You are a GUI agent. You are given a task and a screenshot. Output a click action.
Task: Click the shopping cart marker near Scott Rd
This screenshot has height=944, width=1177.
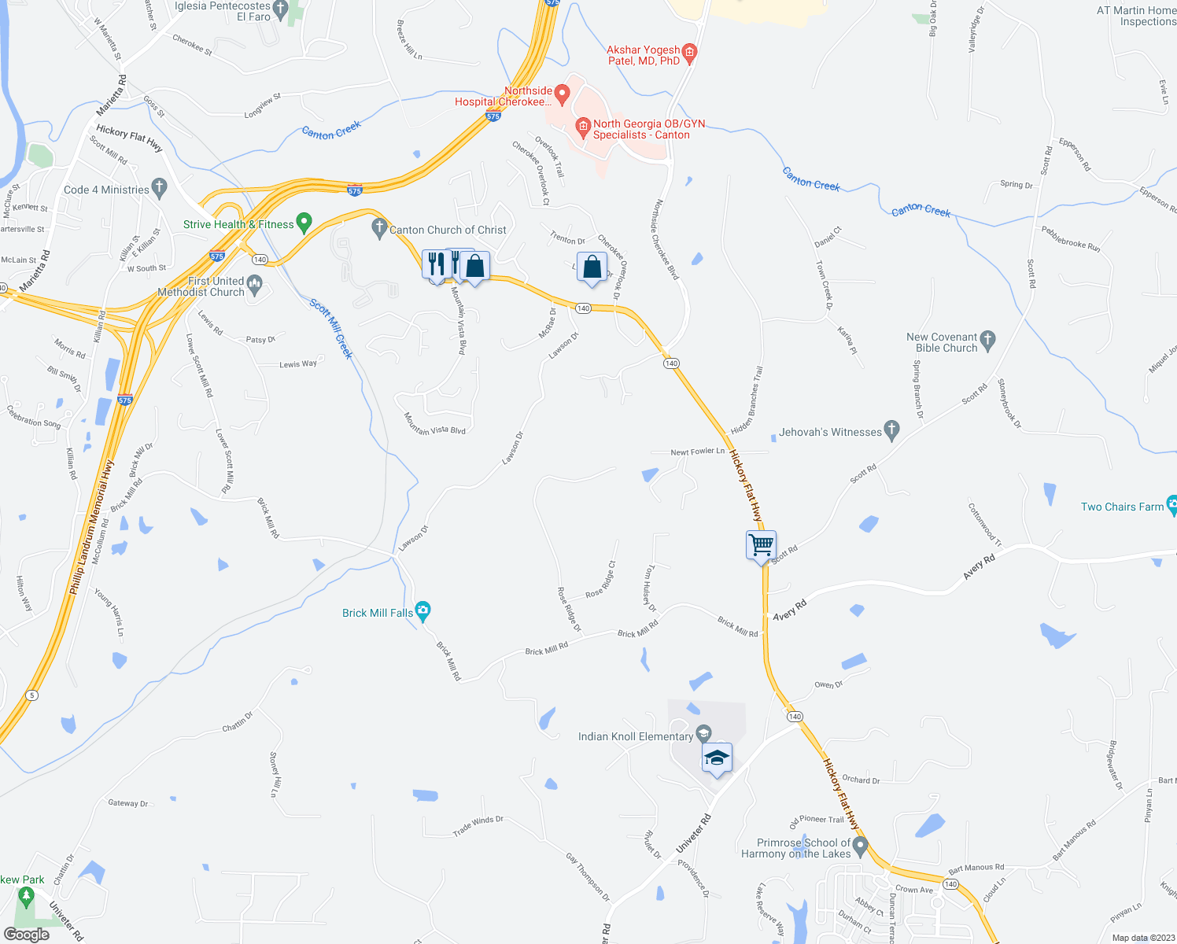(761, 544)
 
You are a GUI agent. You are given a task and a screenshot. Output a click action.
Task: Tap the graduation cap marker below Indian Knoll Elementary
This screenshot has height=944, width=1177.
(717, 758)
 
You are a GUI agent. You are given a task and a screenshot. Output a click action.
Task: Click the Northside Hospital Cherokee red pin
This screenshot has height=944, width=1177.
(562, 94)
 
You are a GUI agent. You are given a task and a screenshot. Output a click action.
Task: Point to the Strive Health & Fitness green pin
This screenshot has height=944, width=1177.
(304, 223)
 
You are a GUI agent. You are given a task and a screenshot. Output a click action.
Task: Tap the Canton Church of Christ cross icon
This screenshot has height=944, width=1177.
(379, 228)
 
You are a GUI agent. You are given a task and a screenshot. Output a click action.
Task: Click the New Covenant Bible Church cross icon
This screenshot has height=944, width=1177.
(988, 341)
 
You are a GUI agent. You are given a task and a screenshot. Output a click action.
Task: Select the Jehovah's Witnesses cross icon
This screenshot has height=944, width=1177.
(891, 430)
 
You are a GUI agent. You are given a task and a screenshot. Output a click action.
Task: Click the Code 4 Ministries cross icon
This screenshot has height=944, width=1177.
(160, 188)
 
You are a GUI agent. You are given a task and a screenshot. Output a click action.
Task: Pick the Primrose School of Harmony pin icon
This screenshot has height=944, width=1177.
(860, 846)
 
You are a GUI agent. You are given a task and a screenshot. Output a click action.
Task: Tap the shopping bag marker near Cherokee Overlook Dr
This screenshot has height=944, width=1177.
(592, 267)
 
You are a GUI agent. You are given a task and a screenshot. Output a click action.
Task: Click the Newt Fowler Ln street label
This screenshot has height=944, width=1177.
(697, 452)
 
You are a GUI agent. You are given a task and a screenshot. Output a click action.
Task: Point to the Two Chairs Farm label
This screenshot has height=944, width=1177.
(1122, 507)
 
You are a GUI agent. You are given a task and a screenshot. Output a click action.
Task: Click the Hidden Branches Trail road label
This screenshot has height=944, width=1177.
(748, 400)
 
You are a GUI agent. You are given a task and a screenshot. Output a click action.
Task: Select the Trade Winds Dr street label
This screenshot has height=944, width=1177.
(478, 825)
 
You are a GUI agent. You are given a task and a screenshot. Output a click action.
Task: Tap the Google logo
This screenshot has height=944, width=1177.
(26, 934)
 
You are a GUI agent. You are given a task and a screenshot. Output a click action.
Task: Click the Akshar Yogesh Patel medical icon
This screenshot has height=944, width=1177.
(689, 53)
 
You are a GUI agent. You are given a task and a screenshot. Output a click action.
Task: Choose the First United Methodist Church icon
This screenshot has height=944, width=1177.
(253, 284)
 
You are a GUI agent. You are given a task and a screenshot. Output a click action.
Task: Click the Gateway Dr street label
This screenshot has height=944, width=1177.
(128, 803)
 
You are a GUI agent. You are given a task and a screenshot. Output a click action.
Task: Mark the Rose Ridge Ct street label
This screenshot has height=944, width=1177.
(601, 580)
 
